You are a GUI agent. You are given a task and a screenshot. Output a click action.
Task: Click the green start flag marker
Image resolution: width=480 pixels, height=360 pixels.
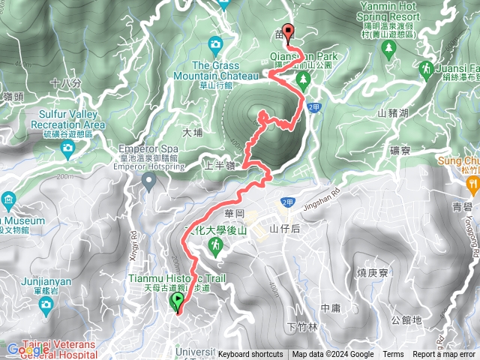[178, 301]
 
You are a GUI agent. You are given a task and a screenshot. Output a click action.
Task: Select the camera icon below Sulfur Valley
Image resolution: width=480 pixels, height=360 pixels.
[67, 148]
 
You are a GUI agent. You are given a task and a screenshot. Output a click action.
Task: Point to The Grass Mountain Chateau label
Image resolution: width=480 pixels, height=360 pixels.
[215, 70]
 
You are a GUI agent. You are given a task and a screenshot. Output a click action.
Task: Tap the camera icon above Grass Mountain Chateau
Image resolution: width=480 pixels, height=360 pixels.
[215, 43]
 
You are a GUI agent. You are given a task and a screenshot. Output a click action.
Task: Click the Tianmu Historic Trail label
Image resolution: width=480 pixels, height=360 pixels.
[172, 279]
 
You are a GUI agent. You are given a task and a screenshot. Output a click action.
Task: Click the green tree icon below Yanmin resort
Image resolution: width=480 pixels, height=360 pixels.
[388, 49]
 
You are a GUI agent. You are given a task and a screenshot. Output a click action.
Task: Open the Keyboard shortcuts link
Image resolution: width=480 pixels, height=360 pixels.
[250, 355]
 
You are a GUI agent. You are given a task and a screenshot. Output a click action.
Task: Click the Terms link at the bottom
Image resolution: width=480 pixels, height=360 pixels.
[393, 355]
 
